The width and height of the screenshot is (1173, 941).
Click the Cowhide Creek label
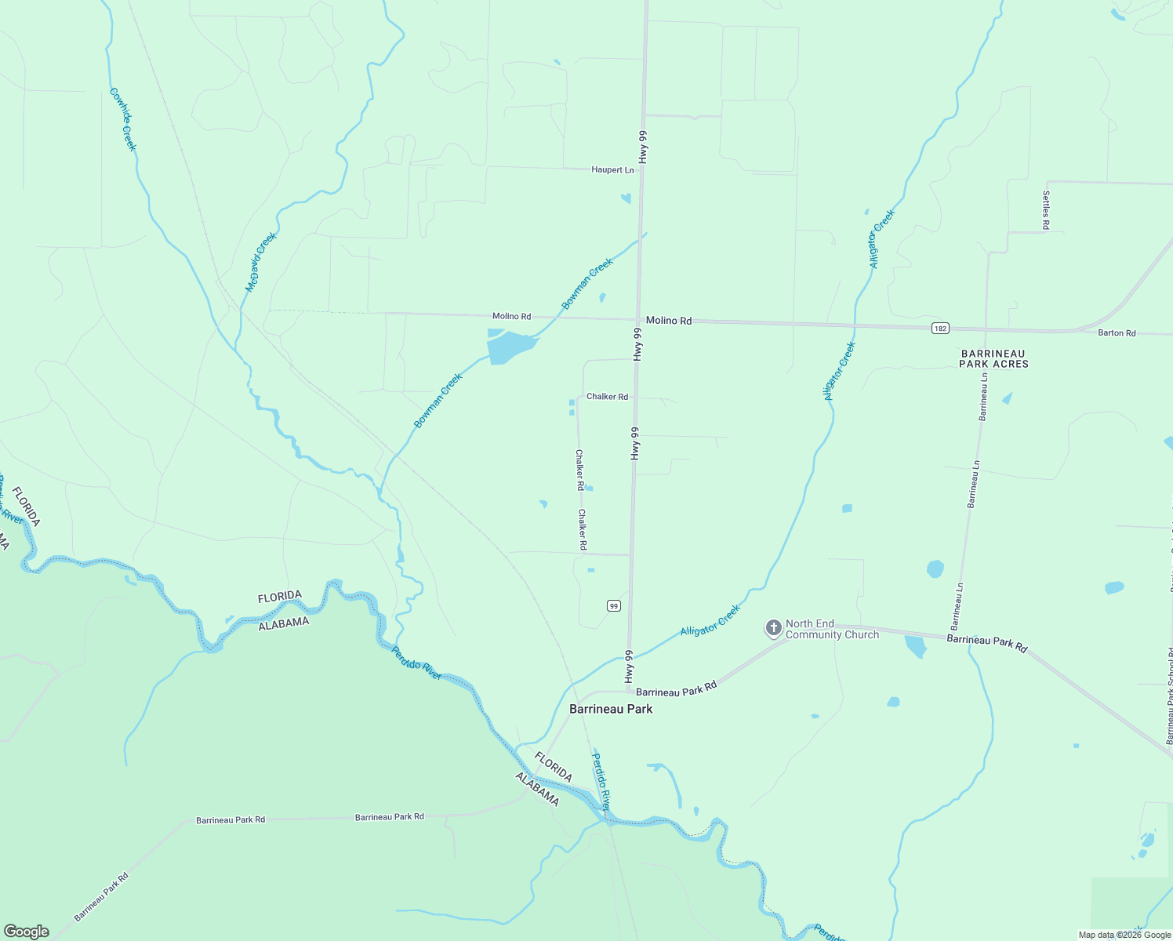click(123, 119)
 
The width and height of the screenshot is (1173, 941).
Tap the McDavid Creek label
click(261, 262)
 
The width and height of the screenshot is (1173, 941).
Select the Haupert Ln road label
click(612, 170)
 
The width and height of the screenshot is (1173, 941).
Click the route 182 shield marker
click(940, 328)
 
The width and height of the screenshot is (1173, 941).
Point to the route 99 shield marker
click(614, 605)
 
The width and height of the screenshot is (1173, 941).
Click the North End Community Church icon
click(773, 628)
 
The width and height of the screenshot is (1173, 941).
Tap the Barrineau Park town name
click(611, 709)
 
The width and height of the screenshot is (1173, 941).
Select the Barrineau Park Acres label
click(994, 359)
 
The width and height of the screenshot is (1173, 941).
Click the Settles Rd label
click(1046, 210)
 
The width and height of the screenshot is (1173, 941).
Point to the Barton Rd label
click(1117, 333)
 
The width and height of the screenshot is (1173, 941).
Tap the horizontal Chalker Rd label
click(607, 397)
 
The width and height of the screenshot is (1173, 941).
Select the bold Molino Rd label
click(669, 321)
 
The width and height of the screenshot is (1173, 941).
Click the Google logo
click(26, 932)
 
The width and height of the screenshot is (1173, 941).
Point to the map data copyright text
click(1124, 935)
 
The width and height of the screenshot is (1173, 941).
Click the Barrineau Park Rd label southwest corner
click(101, 896)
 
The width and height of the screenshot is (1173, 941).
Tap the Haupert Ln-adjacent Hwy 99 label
click(643, 147)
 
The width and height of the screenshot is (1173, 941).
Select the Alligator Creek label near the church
click(710, 619)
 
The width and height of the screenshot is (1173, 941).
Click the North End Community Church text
click(832, 629)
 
